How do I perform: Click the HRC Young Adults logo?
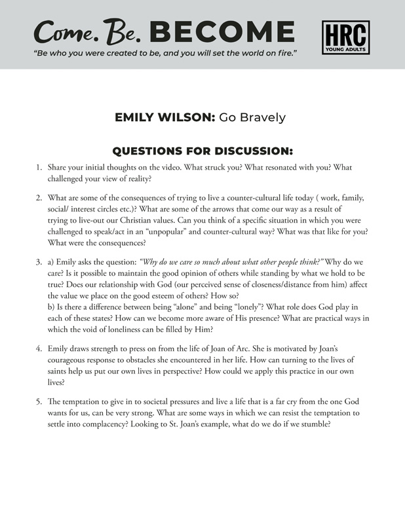coord(346,37)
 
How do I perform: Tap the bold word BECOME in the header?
coord(222,31)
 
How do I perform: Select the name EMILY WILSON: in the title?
coord(164,117)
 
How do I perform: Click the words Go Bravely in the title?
coord(252,117)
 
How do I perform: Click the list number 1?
coord(39,168)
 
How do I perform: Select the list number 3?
coord(39,262)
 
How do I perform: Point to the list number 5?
coord(39,401)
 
